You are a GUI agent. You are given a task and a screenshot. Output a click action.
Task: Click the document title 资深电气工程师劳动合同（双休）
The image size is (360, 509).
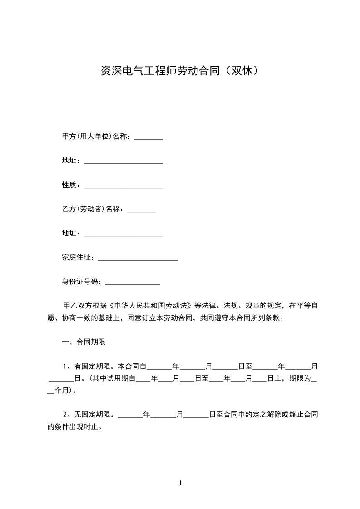[x=180, y=71]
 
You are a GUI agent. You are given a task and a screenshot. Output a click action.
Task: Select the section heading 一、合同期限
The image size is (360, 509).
[x=84, y=342]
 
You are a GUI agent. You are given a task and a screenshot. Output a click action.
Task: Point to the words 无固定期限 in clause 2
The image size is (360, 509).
[x=92, y=414]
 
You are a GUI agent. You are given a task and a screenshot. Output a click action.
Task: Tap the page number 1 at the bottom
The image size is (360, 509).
[x=180, y=483]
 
